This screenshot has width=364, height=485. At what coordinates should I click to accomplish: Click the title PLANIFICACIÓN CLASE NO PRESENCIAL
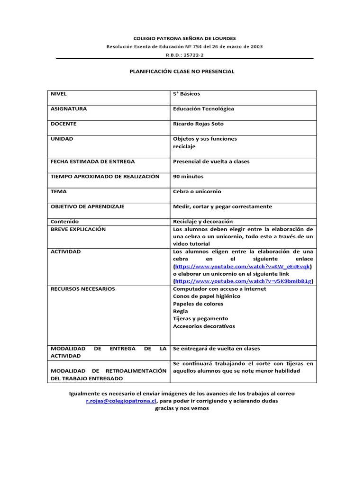[x=182, y=72]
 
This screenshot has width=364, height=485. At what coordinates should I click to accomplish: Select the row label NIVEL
[x=59, y=94]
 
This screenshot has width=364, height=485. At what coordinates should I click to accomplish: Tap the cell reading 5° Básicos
[x=187, y=94]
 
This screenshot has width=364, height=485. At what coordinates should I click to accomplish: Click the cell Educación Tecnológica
[x=203, y=109]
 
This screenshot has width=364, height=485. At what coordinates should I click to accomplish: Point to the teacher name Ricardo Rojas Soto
[x=198, y=124]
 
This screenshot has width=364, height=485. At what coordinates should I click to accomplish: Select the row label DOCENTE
[x=64, y=124]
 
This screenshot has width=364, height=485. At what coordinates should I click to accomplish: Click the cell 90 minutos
[x=188, y=177]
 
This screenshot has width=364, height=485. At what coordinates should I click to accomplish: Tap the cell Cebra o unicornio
[x=197, y=192]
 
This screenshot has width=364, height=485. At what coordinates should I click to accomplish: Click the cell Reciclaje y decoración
[x=203, y=222]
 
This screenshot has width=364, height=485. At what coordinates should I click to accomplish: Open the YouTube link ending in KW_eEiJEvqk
[x=243, y=267]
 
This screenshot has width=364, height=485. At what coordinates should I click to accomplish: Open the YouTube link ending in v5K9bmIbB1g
[x=243, y=281]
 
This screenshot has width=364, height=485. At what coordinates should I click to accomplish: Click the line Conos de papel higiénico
[x=207, y=296]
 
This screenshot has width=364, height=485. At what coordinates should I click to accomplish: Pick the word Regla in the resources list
[x=181, y=312]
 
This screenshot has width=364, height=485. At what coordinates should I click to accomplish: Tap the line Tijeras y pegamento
[x=200, y=319]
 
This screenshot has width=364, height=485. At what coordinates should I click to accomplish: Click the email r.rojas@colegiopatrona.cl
[x=121, y=401]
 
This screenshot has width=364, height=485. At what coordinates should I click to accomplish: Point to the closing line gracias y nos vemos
[x=182, y=409]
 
